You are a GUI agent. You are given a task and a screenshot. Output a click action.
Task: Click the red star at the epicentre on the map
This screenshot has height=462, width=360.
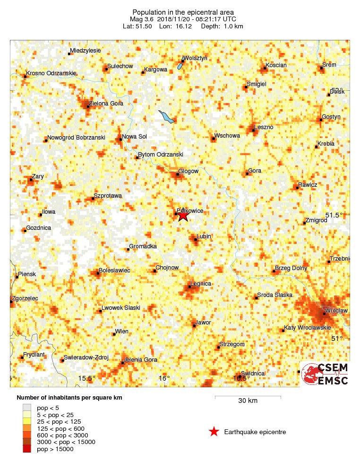point(183,215)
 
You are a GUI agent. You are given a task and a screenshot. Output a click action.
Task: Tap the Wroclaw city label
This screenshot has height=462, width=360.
point(336,310)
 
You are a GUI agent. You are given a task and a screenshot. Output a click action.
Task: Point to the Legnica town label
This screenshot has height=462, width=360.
point(200,284)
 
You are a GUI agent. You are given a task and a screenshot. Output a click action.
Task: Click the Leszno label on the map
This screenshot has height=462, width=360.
point(264,127)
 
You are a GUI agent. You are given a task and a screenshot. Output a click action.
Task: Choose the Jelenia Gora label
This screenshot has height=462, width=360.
point(140,360)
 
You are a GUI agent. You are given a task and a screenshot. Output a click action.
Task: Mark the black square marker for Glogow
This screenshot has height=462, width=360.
point(178,174)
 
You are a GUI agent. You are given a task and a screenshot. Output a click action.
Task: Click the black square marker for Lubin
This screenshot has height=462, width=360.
point(195,239)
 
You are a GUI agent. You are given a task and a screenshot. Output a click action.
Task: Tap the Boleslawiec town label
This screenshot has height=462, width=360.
point(114,270)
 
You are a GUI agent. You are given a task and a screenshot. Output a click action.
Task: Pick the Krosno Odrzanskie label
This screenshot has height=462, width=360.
point(51,73)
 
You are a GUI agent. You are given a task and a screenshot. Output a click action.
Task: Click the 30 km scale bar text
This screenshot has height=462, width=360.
point(248,401)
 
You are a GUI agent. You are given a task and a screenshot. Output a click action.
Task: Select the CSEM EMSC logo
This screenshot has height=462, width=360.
point(325,374)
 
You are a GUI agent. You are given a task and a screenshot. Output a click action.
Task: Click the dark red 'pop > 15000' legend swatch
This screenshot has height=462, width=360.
point(27,448)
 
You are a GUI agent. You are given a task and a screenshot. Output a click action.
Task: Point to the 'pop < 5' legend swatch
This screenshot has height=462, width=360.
point(27,407)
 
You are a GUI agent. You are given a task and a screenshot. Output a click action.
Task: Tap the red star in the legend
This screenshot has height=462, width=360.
point(214,431)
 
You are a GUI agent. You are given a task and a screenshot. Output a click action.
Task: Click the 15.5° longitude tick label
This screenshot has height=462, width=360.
point(87,378)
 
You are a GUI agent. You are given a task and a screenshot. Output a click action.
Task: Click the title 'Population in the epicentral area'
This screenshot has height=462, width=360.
point(183,12)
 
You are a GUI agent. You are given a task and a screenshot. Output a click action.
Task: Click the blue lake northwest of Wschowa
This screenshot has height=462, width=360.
point(166,116)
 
